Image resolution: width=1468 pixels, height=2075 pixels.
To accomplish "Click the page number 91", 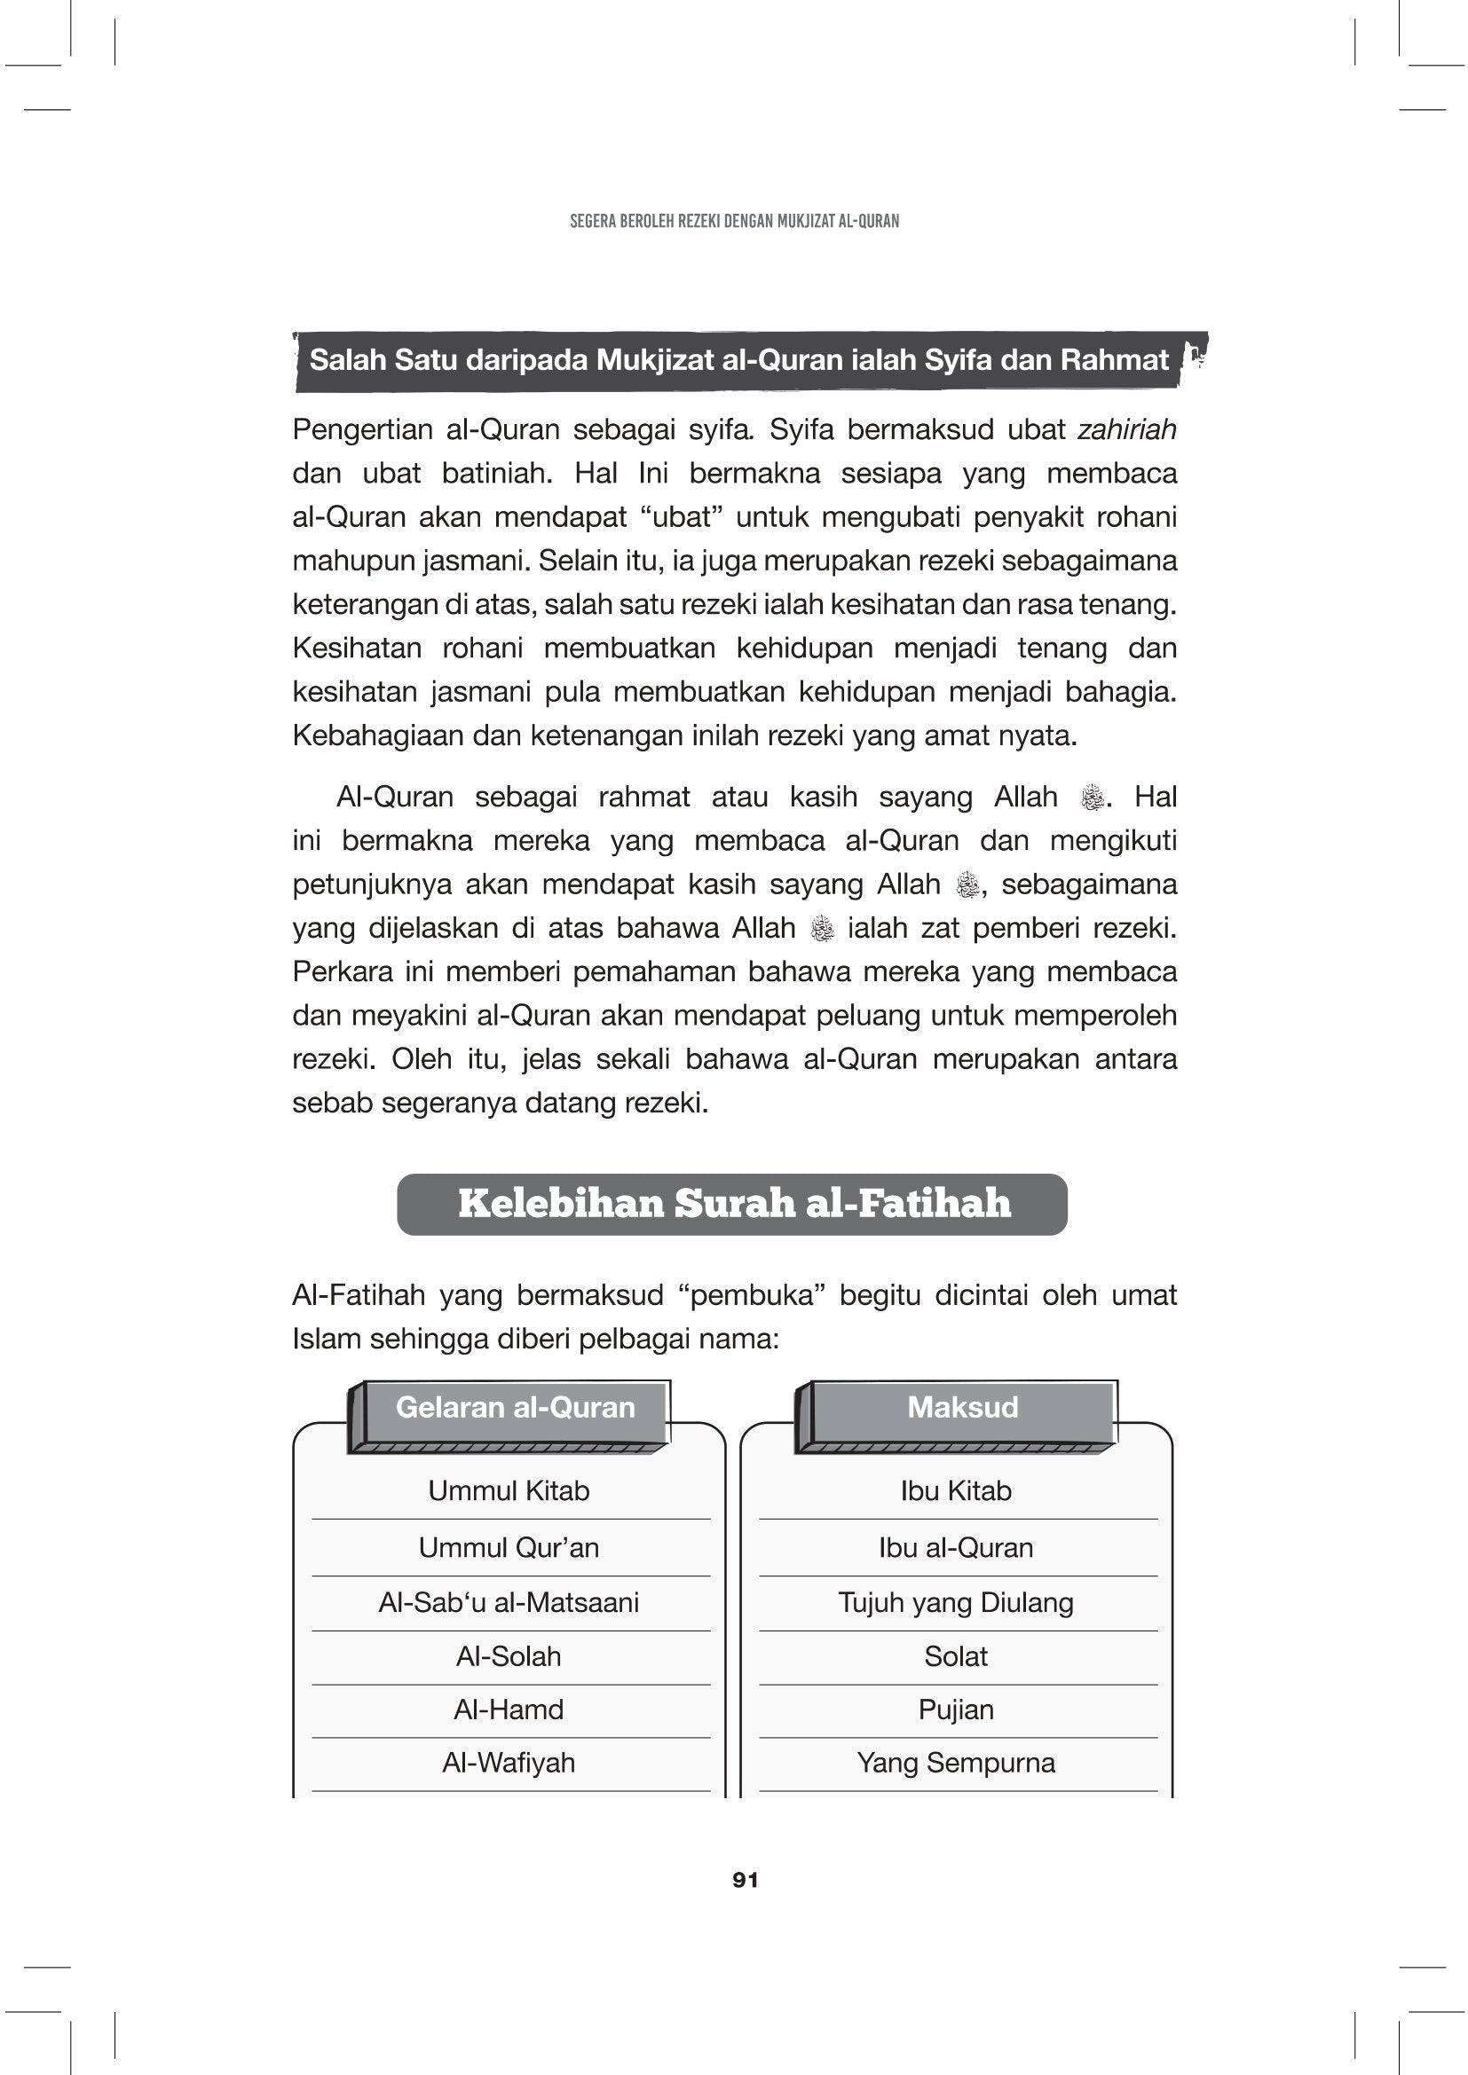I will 745,1880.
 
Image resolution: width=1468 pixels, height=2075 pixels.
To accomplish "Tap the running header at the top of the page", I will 734,222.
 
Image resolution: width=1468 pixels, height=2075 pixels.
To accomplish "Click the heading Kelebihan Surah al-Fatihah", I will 733,1204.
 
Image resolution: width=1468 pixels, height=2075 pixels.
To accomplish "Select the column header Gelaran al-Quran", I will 516,1407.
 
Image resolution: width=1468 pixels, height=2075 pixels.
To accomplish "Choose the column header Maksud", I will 962,1407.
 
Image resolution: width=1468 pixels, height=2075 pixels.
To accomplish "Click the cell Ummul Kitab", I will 509,1490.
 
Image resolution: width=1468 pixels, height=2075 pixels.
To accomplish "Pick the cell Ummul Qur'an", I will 509,1547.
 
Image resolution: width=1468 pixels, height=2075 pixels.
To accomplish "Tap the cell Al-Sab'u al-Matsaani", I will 509,1602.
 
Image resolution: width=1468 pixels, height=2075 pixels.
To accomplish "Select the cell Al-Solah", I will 509,1656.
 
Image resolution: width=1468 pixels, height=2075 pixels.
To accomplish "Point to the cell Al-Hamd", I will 509,1709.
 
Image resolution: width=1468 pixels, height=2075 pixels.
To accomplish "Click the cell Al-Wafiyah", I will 509,1763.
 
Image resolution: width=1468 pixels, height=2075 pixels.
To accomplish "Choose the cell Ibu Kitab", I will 956,1490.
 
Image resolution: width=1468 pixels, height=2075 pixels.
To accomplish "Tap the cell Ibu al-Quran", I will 956,1547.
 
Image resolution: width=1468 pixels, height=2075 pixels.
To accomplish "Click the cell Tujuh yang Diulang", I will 956,1602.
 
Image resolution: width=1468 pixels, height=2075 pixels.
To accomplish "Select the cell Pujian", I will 956,1709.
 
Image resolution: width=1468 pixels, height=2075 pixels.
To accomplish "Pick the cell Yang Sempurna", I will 956,1763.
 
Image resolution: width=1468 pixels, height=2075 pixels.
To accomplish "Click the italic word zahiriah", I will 1126,429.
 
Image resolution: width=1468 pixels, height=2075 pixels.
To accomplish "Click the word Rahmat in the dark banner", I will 1115,359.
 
